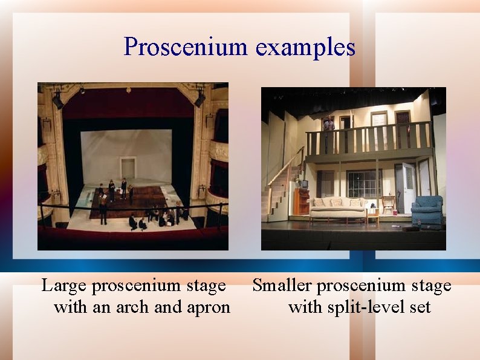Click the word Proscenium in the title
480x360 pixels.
point(186,47)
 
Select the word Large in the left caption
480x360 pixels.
point(63,285)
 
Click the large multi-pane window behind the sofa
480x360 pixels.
point(364,183)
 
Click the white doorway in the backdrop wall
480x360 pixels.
point(128,168)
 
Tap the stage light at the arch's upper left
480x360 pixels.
point(57,100)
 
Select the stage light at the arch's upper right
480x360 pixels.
point(199,99)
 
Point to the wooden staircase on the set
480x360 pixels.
point(281,188)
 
